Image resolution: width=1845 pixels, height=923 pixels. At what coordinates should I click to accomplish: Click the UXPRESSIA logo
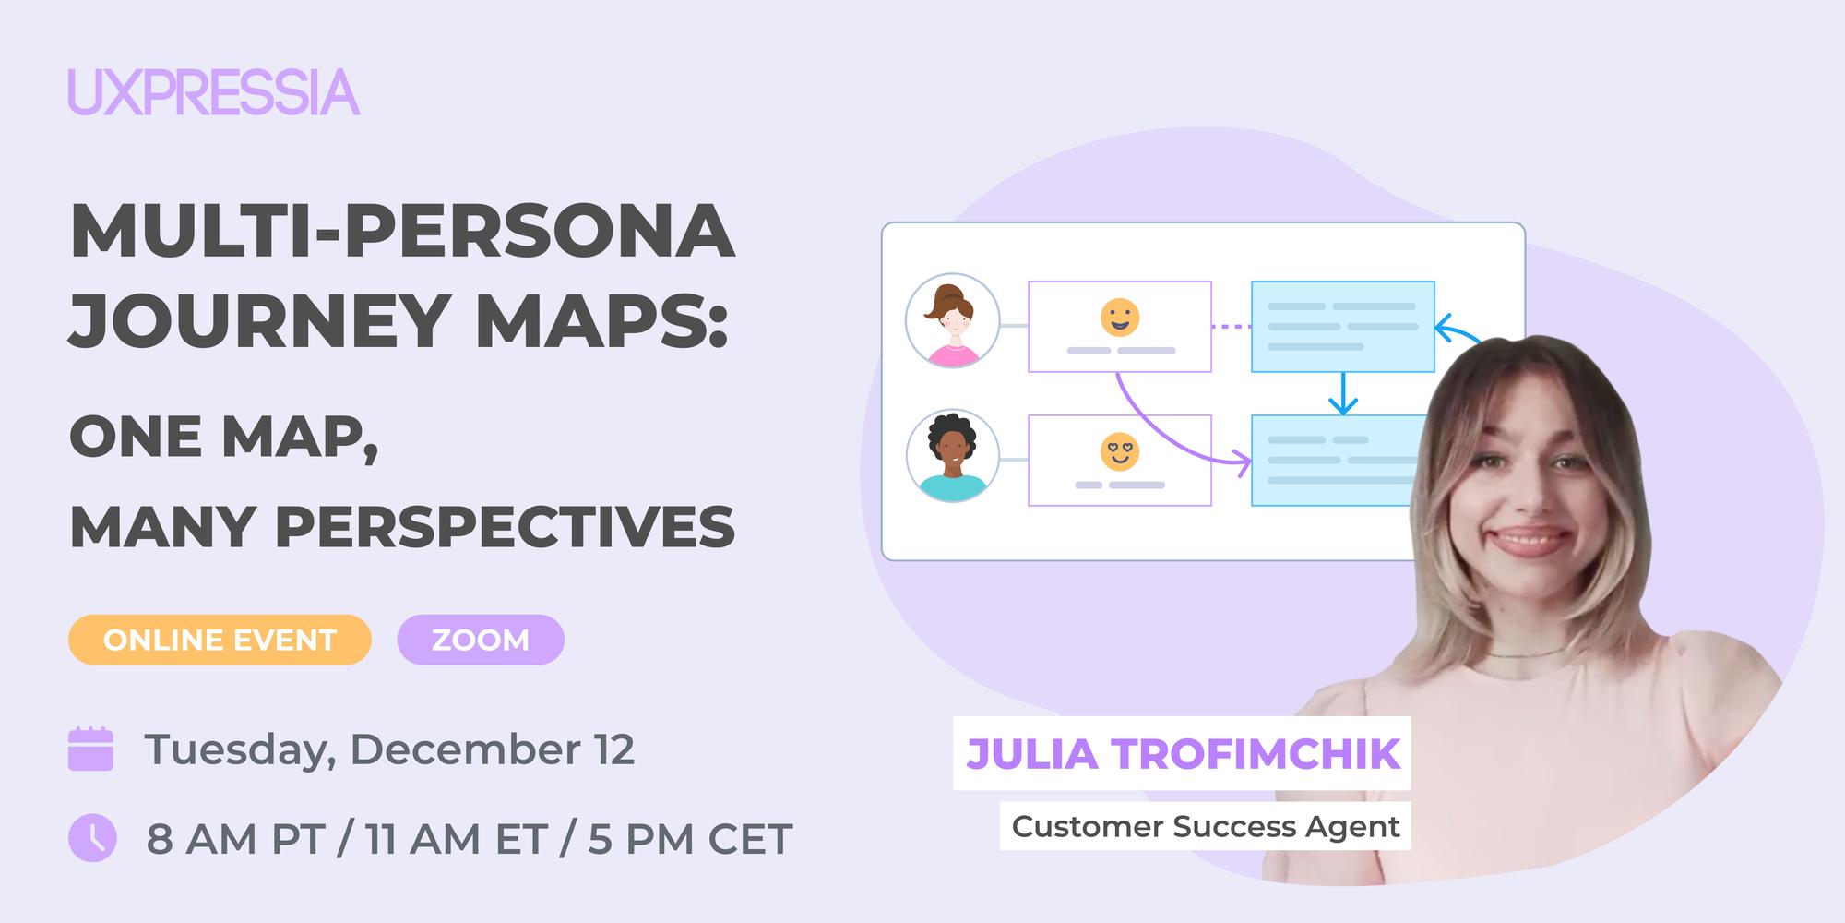[213, 92]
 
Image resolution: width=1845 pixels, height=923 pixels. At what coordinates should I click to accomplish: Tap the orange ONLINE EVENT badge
[220, 640]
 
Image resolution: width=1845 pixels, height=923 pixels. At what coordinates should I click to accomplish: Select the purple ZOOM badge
[481, 640]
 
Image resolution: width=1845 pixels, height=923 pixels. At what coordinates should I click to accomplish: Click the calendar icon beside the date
[90, 749]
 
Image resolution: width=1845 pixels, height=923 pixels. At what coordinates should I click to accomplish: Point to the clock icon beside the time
[92, 838]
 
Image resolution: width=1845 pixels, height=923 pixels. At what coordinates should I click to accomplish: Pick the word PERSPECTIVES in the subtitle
[505, 527]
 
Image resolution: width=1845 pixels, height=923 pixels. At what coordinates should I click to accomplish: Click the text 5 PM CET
[690, 839]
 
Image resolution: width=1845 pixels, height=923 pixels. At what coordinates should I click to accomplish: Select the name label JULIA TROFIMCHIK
[1182, 753]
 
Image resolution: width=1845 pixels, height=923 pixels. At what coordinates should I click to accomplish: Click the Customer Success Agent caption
[1205, 826]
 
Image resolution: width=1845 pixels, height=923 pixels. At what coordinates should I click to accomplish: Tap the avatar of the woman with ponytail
[952, 321]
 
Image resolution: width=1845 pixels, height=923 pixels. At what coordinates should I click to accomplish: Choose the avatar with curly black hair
[952, 456]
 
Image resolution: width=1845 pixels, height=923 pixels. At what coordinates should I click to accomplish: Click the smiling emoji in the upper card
[1120, 317]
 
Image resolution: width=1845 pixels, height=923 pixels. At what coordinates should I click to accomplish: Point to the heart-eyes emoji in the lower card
[1120, 451]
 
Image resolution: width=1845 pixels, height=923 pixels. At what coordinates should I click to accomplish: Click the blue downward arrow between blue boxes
[1342, 394]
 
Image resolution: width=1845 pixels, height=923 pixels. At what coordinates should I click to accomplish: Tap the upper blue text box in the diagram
[1342, 326]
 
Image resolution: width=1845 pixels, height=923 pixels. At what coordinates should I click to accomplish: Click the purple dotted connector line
[1231, 326]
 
